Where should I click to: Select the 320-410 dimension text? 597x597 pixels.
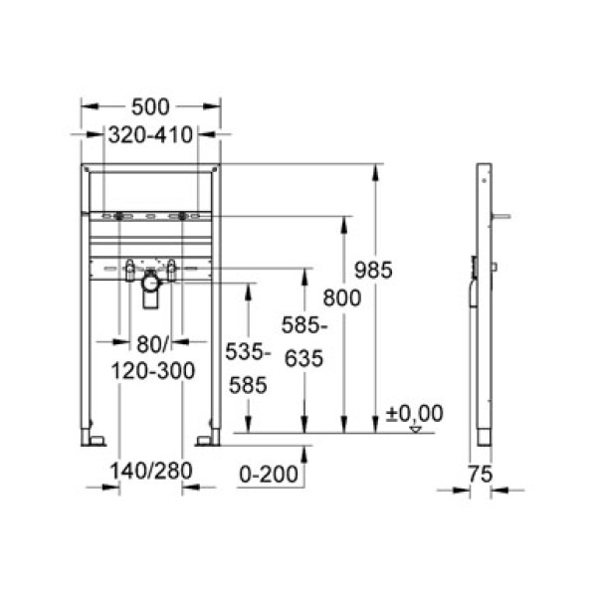pos(150,135)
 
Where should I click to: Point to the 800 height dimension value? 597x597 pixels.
pos(341,297)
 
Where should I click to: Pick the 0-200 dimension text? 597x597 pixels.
pos(272,477)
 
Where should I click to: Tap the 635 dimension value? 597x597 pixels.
pos(303,360)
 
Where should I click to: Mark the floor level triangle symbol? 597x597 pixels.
pos(416,429)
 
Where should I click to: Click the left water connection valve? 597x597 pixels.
pos(127,267)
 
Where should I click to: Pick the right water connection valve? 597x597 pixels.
pos(171,267)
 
